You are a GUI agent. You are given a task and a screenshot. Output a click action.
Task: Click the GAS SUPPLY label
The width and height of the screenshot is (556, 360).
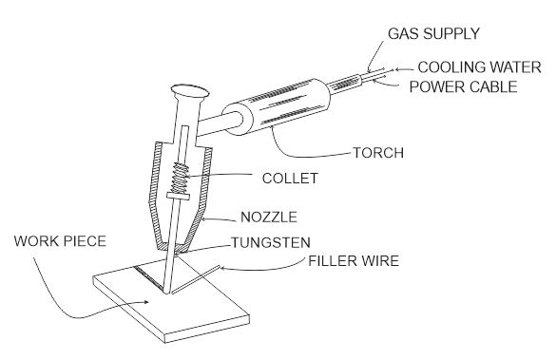point(433,33)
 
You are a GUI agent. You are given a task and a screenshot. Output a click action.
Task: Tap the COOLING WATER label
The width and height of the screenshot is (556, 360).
point(479,67)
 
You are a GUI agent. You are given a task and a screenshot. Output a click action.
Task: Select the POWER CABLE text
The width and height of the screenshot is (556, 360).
point(463,86)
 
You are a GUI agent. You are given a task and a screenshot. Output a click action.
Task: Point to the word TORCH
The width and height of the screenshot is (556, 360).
point(378,153)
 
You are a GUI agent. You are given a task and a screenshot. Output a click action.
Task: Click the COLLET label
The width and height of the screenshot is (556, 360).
point(290,179)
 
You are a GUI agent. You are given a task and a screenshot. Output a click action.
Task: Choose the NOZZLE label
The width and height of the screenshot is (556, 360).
point(269,218)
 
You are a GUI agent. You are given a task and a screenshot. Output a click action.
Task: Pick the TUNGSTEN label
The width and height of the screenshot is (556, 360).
point(271,243)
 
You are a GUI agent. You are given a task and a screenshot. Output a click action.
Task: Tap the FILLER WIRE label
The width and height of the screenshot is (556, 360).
point(354,261)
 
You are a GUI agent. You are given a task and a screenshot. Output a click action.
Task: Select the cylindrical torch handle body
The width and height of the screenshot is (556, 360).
point(278,105)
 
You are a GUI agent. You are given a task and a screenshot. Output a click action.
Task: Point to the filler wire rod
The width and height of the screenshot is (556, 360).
point(196,279)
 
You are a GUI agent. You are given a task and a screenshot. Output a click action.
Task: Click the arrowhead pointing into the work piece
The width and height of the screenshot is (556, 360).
point(146,302)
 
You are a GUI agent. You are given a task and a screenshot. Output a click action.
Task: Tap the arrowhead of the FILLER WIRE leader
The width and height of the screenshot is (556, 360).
point(223,268)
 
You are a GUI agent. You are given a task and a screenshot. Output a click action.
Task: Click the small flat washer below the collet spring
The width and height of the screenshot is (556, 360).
point(178,196)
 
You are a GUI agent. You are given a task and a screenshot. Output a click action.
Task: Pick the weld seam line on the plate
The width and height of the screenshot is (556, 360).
point(149,277)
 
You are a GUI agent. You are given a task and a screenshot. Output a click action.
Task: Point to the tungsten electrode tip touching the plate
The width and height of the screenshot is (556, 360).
point(166,293)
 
